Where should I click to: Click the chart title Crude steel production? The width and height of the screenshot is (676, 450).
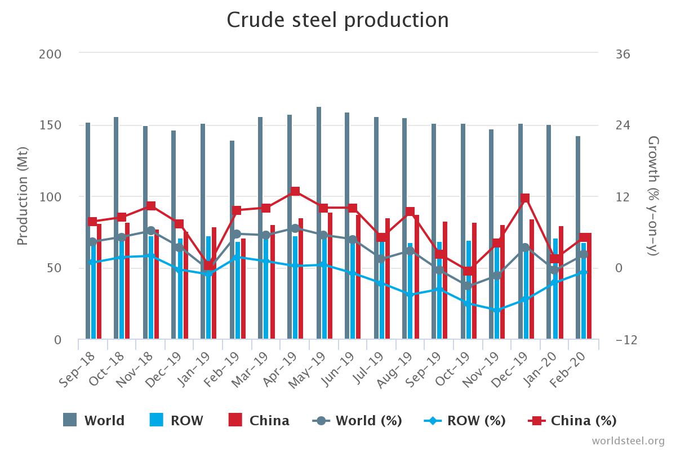(x=337, y=20)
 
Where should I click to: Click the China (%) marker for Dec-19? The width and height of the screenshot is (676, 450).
(x=525, y=198)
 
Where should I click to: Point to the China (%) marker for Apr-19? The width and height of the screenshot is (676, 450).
(x=295, y=191)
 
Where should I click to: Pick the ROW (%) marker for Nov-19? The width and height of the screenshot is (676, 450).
(x=496, y=310)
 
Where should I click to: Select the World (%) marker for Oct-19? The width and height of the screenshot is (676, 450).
(x=468, y=286)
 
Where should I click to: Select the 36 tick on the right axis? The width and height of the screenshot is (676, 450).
(x=622, y=54)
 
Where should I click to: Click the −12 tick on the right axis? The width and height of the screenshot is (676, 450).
(x=625, y=340)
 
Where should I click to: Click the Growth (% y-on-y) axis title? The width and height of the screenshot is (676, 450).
(x=653, y=196)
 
